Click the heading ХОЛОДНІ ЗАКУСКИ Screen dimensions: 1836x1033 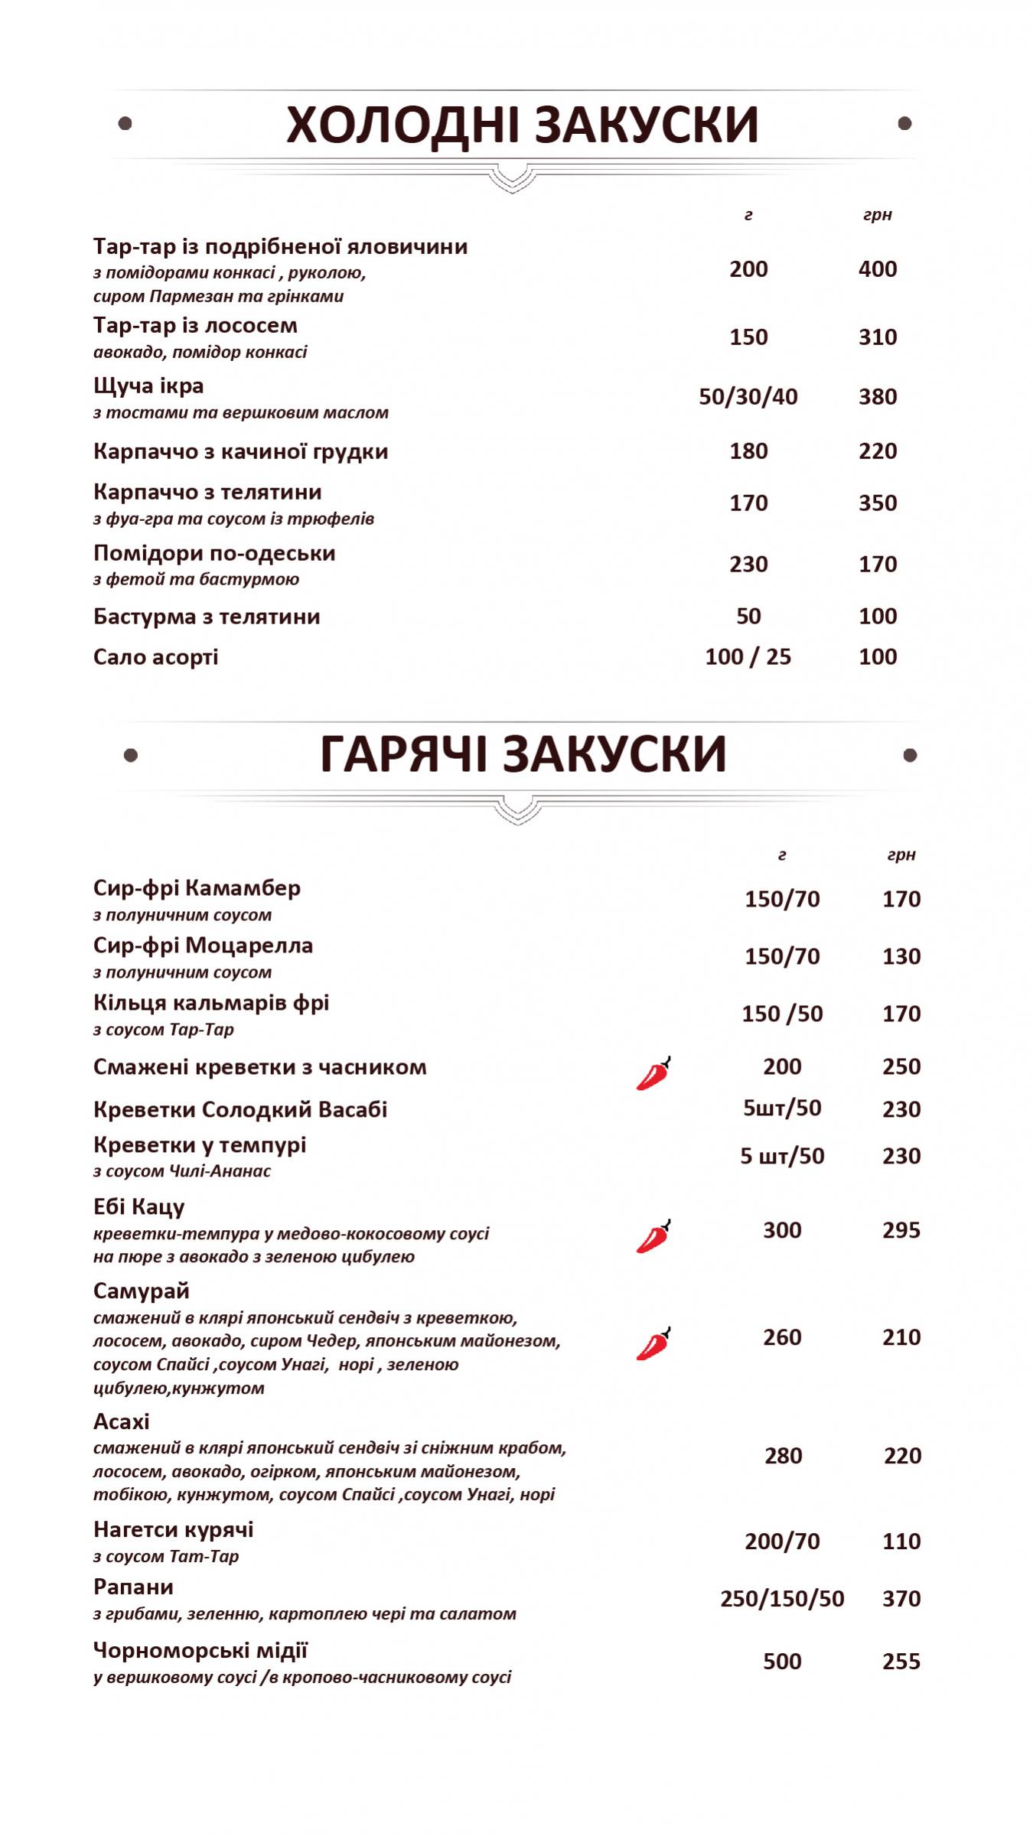tap(522, 125)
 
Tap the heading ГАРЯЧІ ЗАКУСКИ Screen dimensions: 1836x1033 tap(522, 754)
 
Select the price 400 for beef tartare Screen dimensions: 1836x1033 tap(877, 269)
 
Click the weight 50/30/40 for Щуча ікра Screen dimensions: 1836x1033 tap(748, 397)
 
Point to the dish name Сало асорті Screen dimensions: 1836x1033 tap(155, 657)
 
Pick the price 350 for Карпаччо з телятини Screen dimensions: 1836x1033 tap(877, 503)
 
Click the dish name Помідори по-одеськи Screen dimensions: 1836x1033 tap(214, 553)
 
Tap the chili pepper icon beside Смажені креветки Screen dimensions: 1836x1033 tap(653, 1073)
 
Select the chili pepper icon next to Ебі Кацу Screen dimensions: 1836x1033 tap(653, 1236)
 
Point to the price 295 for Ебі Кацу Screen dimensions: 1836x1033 tap(901, 1230)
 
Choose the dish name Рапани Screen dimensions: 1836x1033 tap(133, 1587)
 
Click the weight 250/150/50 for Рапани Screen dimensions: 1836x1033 tap(781, 1599)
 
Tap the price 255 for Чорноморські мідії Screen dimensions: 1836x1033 tap(901, 1662)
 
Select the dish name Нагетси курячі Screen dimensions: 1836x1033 tap(173, 1530)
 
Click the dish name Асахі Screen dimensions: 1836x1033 tap(121, 1422)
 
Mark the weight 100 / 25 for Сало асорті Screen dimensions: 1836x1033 tap(748, 657)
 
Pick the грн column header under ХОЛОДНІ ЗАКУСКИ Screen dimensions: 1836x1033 tap(877, 215)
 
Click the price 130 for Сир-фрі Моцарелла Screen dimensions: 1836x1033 tap(901, 956)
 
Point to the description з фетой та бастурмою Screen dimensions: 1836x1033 tap(196, 579)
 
